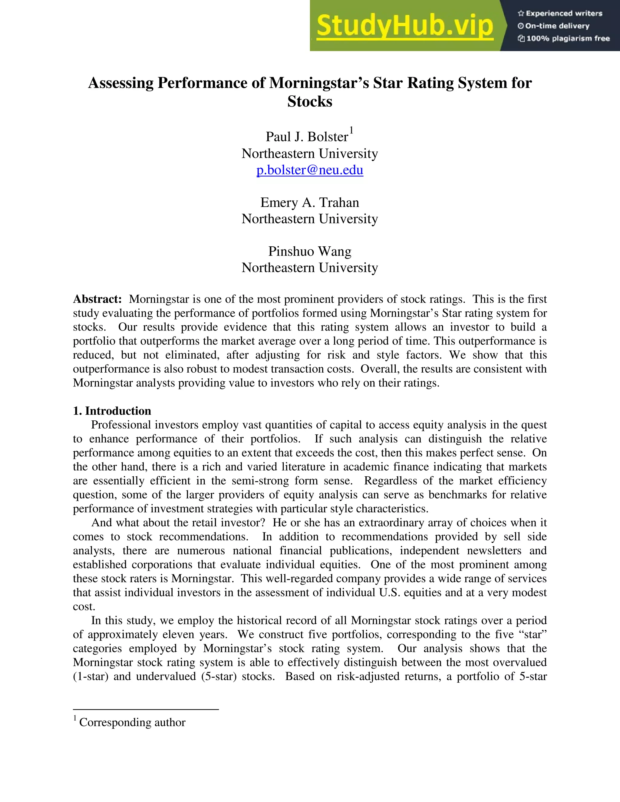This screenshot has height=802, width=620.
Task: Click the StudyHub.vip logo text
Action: click(x=404, y=26)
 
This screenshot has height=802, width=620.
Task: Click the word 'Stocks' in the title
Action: click(x=310, y=102)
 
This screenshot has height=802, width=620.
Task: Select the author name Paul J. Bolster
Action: click(x=307, y=136)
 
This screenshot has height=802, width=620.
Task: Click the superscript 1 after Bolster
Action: click(x=351, y=130)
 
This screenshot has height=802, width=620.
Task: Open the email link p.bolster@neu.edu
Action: click(x=310, y=170)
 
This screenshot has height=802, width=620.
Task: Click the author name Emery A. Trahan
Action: click(x=310, y=202)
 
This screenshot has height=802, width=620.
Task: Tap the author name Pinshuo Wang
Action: click(x=310, y=251)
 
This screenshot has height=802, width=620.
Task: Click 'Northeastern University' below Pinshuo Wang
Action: click(x=310, y=268)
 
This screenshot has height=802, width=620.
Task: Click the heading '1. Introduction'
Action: click(x=112, y=411)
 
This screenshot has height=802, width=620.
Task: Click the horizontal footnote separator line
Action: click(x=146, y=709)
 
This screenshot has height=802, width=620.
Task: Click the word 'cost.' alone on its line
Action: click(x=84, y=606)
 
